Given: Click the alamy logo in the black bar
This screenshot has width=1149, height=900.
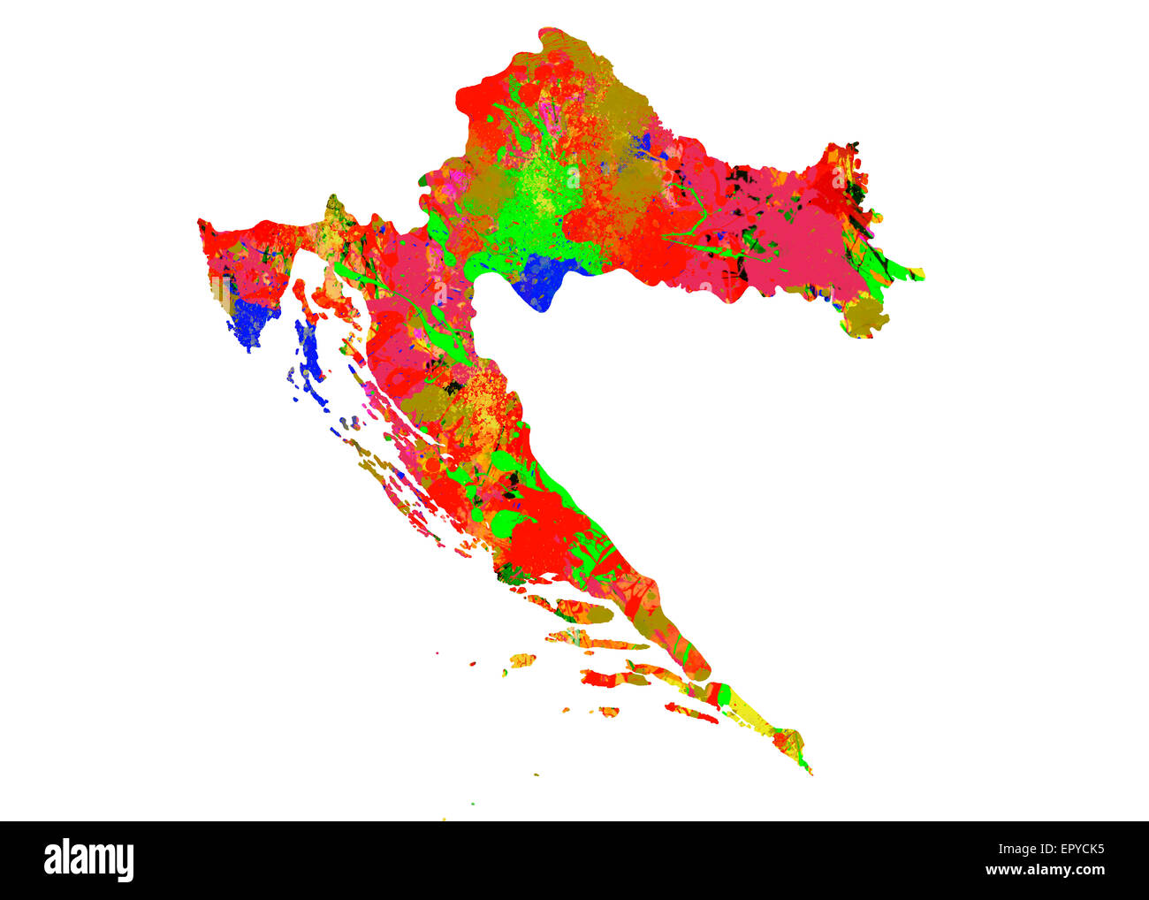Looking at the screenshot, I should coord(89,860).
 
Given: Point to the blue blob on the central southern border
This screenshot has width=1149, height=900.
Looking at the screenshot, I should coord(544,278).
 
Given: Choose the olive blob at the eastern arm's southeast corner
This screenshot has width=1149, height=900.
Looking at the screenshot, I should coord(866,315).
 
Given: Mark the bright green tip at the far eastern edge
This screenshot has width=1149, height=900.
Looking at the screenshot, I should coord(910,271).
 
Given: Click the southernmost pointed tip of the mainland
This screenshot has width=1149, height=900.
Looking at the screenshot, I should coord(808,772).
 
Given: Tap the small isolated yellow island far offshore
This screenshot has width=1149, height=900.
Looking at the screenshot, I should coord(521,660).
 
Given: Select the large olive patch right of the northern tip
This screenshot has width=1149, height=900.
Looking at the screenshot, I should coord(623,115).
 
